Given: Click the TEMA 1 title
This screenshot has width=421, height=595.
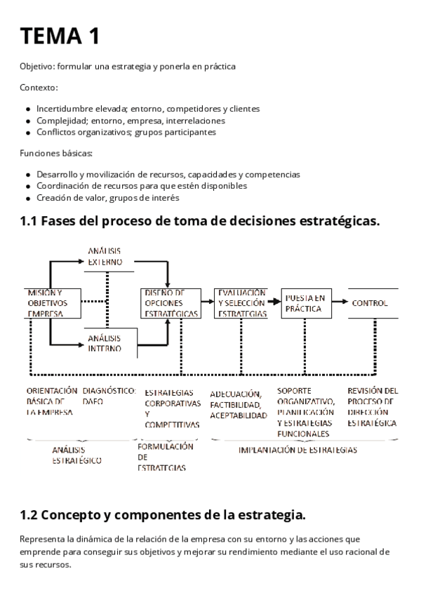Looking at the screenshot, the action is pyautogui.click(x=60, y=35).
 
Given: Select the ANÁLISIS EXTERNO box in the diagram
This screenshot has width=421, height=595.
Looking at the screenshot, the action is pyautogui.click(x=105, y=257).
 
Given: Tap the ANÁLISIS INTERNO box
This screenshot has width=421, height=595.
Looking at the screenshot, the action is pyautogui.click(x=105, y=342).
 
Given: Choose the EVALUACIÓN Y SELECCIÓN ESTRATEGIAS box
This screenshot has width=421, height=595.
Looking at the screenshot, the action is pyautogui.click(x=241, y=303).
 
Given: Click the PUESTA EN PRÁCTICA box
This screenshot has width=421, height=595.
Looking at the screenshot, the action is pyautogui.click(x=306, y=303).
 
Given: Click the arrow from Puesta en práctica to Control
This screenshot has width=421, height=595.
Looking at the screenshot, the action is pyautogui.click(x=340, y=303).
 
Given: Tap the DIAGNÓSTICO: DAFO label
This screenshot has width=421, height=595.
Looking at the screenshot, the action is pyautogui.click(x=109, y=396).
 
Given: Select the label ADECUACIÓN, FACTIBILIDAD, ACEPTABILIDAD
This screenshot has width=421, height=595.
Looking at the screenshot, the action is pyautogui.click(x=239, y=405).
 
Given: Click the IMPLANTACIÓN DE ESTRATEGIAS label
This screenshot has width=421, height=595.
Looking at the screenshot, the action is pyautogui.click(x=298, y=450).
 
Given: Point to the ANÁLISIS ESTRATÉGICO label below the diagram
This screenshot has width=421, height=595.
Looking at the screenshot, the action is pyautogui.click(x=76, y=455).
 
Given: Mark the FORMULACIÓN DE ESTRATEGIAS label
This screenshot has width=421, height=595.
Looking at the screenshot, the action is pyautogui.click(x=164, y=456).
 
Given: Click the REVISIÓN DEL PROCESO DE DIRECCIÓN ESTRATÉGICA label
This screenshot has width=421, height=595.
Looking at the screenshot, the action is pyautogui.click(x=372, y=407).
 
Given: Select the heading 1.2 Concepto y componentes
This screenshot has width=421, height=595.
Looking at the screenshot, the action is pyautogui.click(x=163, y=515).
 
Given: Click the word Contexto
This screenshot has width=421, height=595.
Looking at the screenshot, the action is pyautogui.click(x=39, y=88).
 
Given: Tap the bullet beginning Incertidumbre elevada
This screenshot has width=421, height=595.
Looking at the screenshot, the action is pyautogui.click(x=147, y=109).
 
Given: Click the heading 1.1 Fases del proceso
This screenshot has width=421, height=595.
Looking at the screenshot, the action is pyautogui.click(x=200, y=221).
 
